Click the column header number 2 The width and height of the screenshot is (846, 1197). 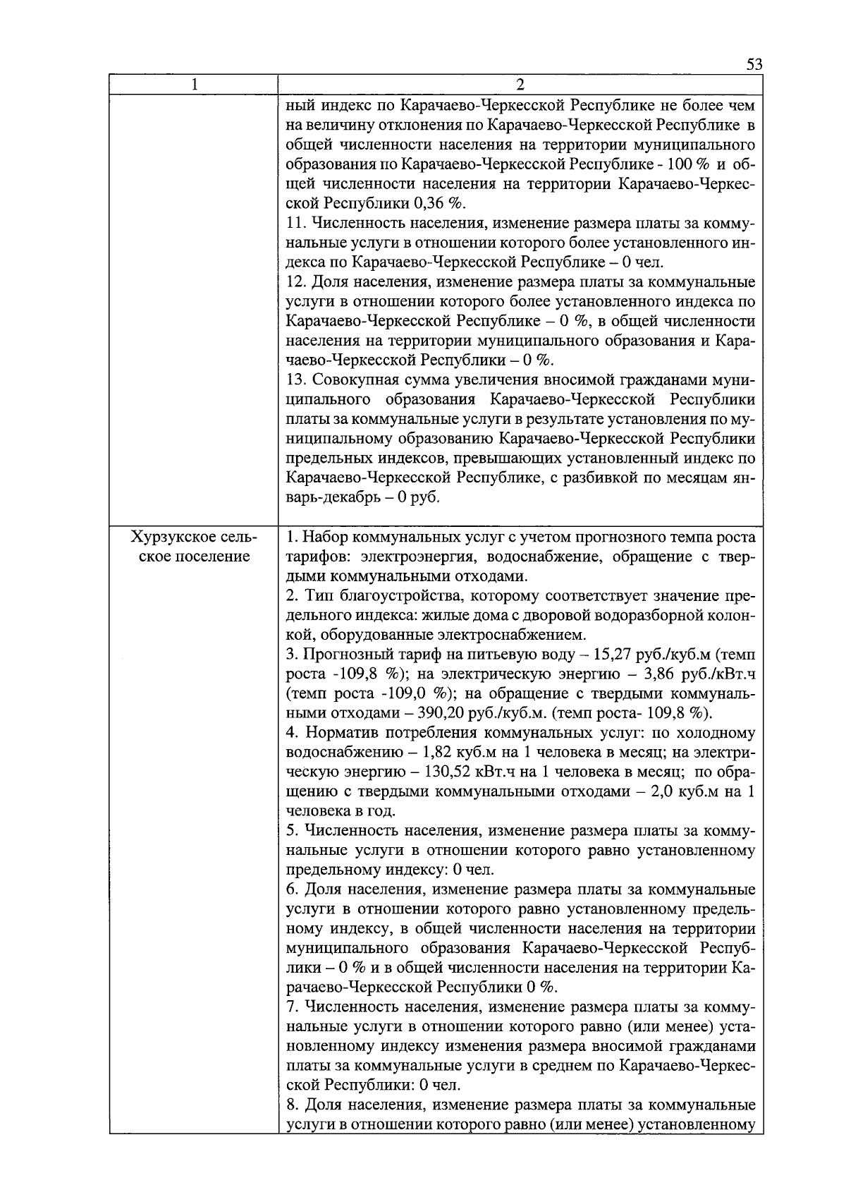520,85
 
